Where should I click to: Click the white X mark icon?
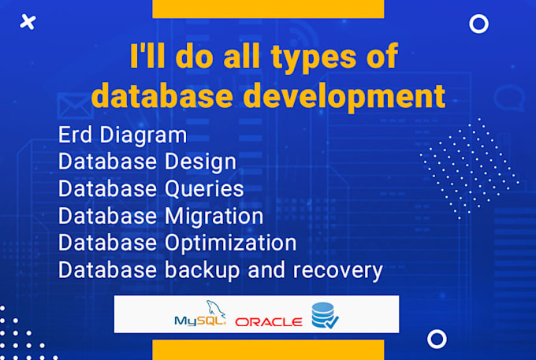click(x=28, y=22)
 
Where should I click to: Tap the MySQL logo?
click(x=200, y=314)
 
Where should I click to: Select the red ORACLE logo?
click(x=269, y=321)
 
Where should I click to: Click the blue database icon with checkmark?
click(x=325, y=315)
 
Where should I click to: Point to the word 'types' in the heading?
click(x=314, y=58)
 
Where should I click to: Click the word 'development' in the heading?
click(x=344, y=96)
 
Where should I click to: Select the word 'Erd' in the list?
click(x=75, y=135)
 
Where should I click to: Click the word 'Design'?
click(x=200, y=162)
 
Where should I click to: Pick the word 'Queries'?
click(x=204, y=189)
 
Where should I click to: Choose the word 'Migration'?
click(x=214, y=217)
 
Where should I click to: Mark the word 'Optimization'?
click(x=231, y=243)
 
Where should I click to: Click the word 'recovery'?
click(x=337, y=271)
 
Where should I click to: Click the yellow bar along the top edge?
click(x=268, y=9)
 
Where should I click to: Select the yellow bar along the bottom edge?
click(x=268, y=350)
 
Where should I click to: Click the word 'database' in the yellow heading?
click(x=162, y=96)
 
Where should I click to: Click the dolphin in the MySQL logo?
click(x=215, y=309)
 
